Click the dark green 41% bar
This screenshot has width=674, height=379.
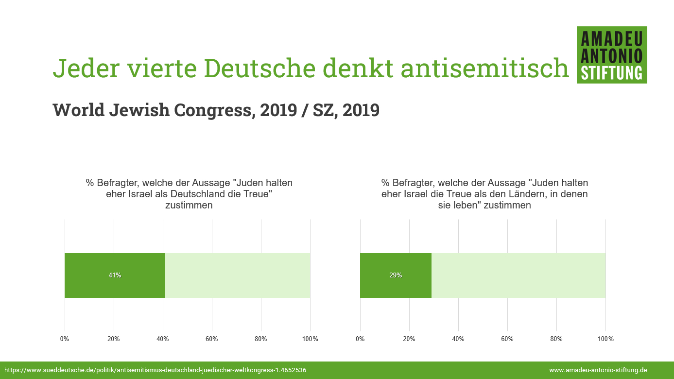click(115, 276)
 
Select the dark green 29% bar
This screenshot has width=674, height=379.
click(396, 276)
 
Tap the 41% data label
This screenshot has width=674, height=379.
click(115, 275)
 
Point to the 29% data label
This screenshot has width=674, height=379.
click(396, 275)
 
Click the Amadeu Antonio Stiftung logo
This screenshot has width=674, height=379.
click(612, 55)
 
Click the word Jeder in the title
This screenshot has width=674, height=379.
click(86, 69)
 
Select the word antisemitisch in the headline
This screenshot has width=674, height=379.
click(485, 69)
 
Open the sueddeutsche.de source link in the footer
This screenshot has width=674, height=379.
click(156, 370)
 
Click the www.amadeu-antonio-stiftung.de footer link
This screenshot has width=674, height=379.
click(598, 370)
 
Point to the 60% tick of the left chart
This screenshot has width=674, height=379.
click(212, 339)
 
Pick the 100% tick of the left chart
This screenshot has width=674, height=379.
click(310, 339)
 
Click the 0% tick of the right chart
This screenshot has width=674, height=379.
click(360, 339)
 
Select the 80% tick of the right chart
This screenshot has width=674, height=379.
click(556, 339)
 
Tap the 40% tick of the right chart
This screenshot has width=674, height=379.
click(458, 339)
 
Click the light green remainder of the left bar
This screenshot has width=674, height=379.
click(238, 276)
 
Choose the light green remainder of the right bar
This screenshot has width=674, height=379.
click(518, 276)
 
